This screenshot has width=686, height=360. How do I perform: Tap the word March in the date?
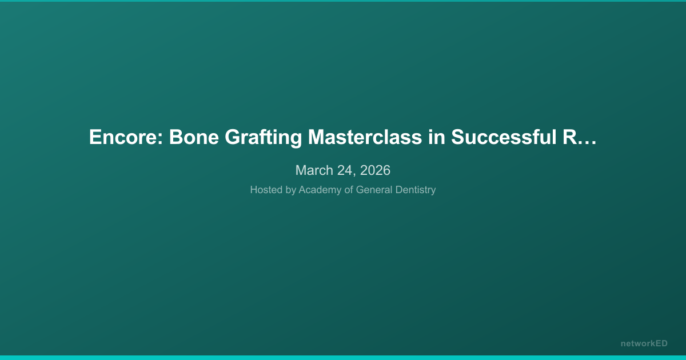tap(313, 170)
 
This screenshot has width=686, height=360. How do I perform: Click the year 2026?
tap(375, 170)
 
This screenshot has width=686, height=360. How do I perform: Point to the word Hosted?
tap(266, 190)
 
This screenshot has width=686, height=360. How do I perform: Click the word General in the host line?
tap(374, 190)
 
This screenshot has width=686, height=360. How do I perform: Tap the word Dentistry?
tap(416, 190)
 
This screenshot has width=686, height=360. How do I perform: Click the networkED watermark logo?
tap(644, 343)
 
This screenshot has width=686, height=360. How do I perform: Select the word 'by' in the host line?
tap(291, 190)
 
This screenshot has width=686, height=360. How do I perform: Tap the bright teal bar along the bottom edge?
tap(343, 357)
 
